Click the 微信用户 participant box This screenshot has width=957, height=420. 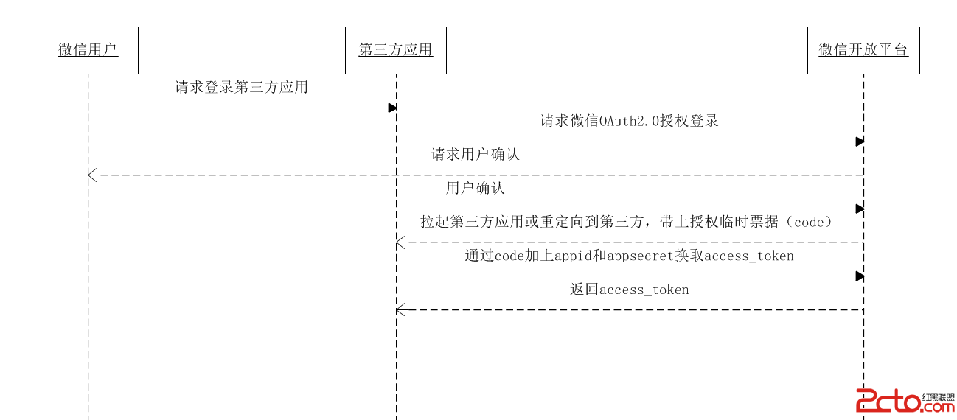[x=88, y=50]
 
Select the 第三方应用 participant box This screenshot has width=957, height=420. [x=395, y=50]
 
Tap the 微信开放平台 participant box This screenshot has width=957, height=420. [x=863, y=50]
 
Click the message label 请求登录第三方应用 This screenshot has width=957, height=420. [x=241, y=88]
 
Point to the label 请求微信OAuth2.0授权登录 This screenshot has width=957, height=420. [x=629, y=122]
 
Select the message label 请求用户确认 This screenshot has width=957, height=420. [x=476, y=155]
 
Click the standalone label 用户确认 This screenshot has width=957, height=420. [x=476, y=188]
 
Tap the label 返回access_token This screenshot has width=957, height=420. [x=629, y=290]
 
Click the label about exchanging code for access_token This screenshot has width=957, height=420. [x=629, y=256]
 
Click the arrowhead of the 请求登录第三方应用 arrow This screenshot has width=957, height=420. [x=393, y=108]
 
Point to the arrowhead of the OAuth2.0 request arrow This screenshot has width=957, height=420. [x=860, y=141]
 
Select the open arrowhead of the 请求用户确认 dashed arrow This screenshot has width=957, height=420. [x=91, y=175]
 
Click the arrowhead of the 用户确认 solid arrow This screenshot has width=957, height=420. [x=860, y=209]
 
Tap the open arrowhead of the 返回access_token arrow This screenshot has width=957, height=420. [x=400, y=310]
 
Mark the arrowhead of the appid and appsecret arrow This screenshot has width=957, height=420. [x=860, y=276]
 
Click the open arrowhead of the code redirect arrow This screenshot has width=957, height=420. [x=400, y=242]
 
